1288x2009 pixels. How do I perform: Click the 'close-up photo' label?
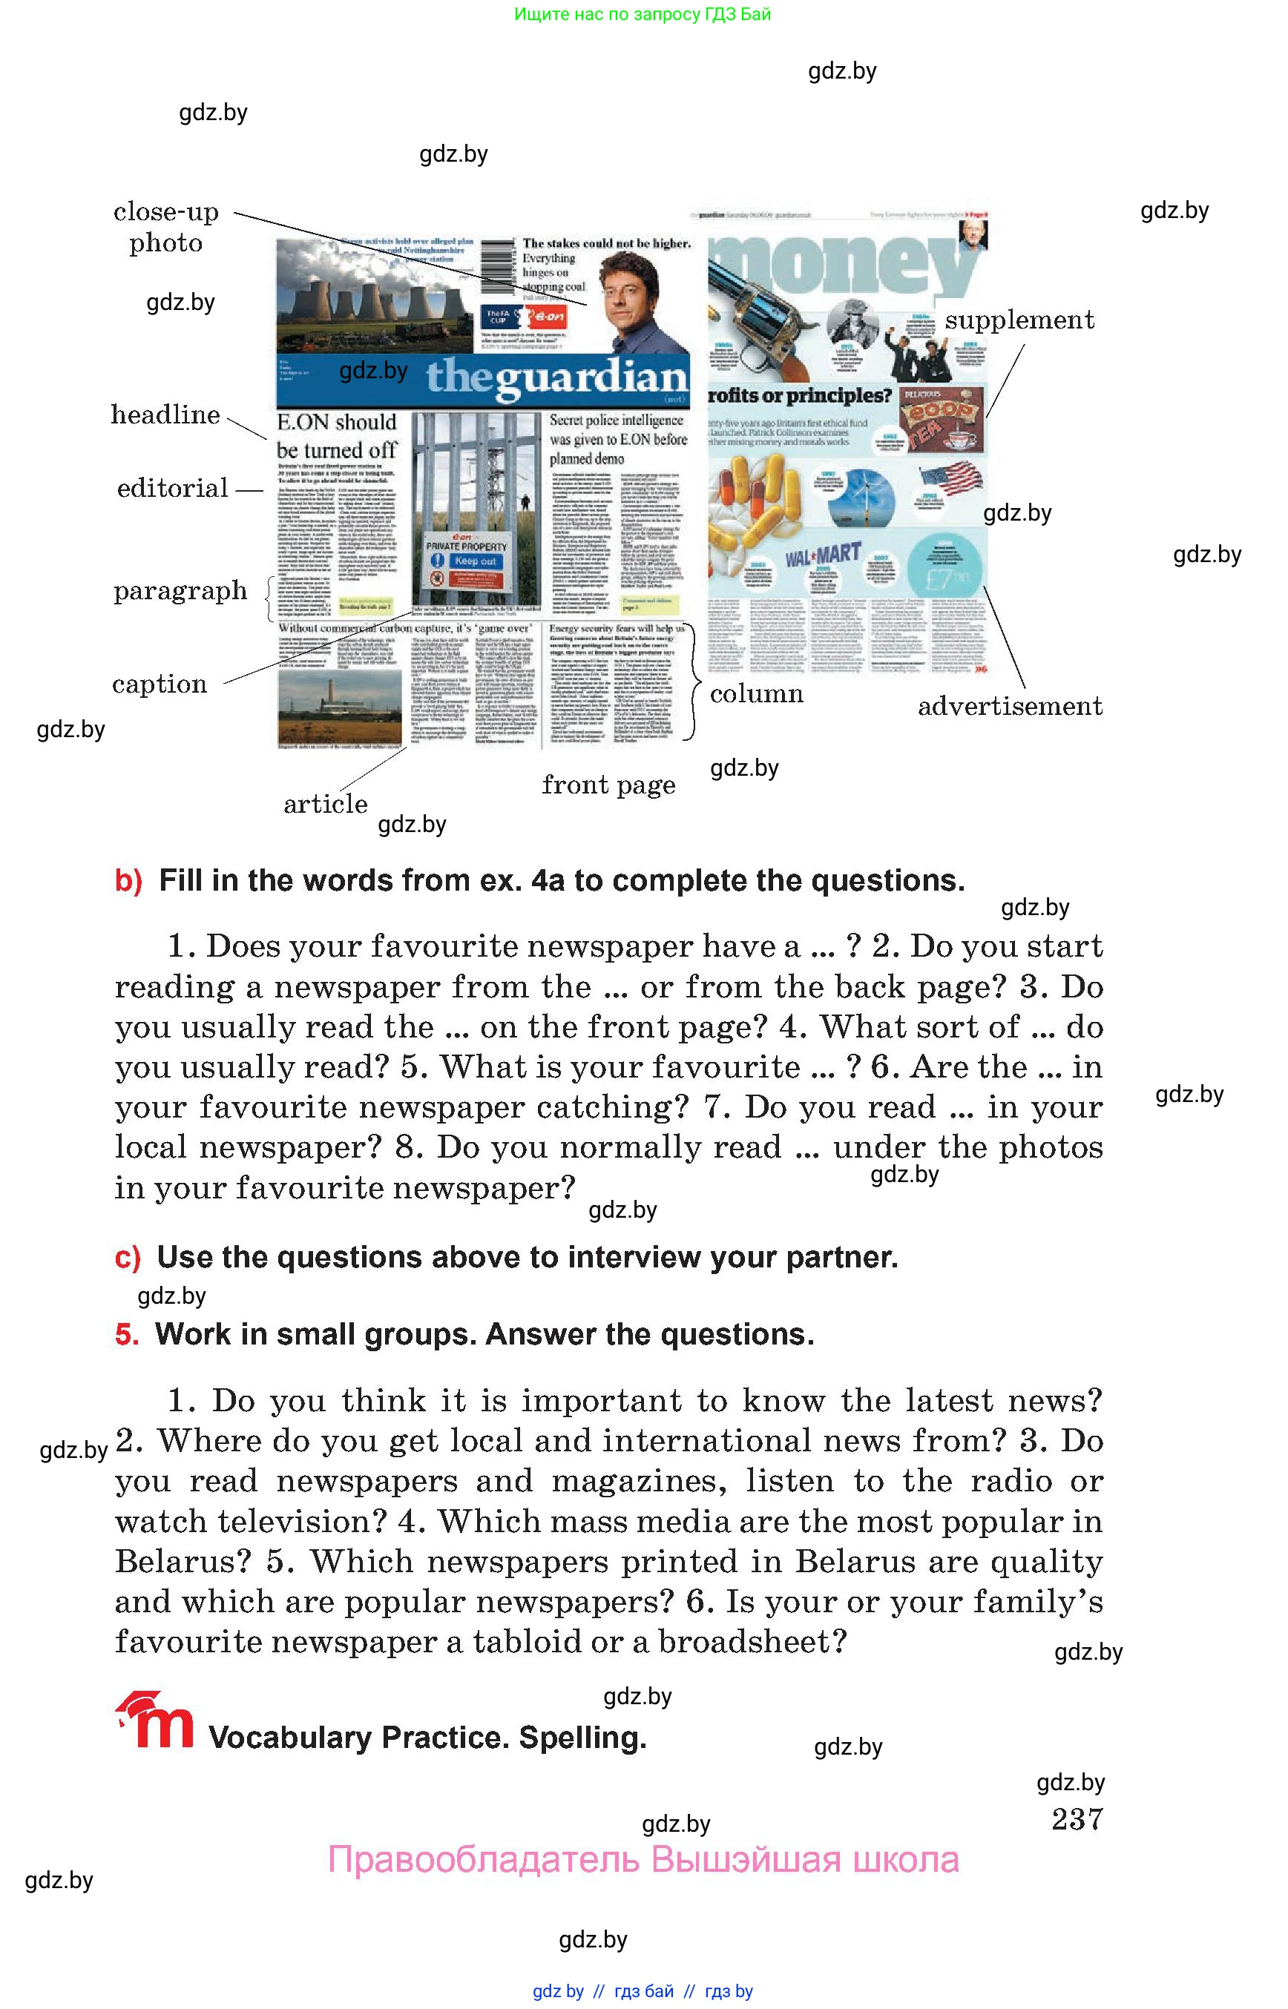pos(165,228)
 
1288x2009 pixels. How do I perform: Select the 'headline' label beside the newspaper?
pos(165,415)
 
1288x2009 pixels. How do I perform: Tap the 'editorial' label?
pos(172,488)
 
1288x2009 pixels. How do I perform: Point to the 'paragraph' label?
pos(180,591)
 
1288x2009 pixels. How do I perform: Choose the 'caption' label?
pos(160,684)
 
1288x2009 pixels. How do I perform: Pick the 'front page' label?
pos(608,785)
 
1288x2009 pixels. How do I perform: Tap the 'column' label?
pos(756,694)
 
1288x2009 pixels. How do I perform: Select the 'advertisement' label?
pos(1010,707)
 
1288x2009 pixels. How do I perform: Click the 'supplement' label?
pos(1019,320)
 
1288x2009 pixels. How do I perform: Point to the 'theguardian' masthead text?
pos(556,378)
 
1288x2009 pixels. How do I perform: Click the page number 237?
pos(1077,1818)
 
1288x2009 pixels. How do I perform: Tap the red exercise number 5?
pos(127,1334)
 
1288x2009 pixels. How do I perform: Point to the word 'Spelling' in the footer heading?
pos(582,1738)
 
